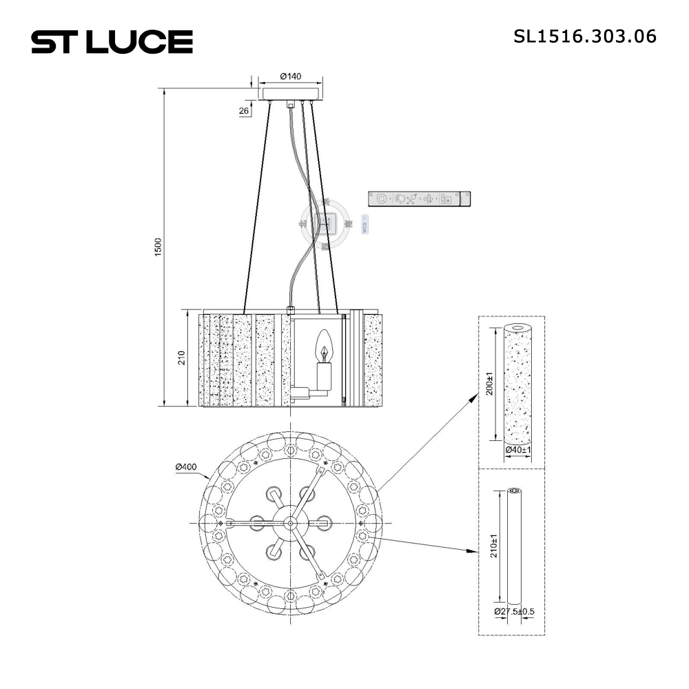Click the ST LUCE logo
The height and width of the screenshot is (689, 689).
(x=112, y=42)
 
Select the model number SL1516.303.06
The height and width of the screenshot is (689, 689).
(x=585, y=37)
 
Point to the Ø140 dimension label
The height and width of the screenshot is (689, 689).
(x=291, y=76)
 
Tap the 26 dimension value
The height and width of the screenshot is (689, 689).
(x=244, y=110)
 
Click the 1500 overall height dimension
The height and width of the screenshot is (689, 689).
(x=158, y=247)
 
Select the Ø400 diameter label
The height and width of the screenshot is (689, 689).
(x=186, y=467)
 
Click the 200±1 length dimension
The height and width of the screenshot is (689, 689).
(x=490, y=382)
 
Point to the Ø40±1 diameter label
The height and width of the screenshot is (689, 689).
(x=518, y=450)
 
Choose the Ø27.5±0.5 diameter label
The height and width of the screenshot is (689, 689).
(x=514, y=611)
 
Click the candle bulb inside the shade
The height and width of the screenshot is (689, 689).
(x=323, y=347)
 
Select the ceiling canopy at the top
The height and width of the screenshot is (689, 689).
(x=291, y=93)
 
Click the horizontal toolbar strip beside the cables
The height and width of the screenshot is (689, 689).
(x=419, y=199)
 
